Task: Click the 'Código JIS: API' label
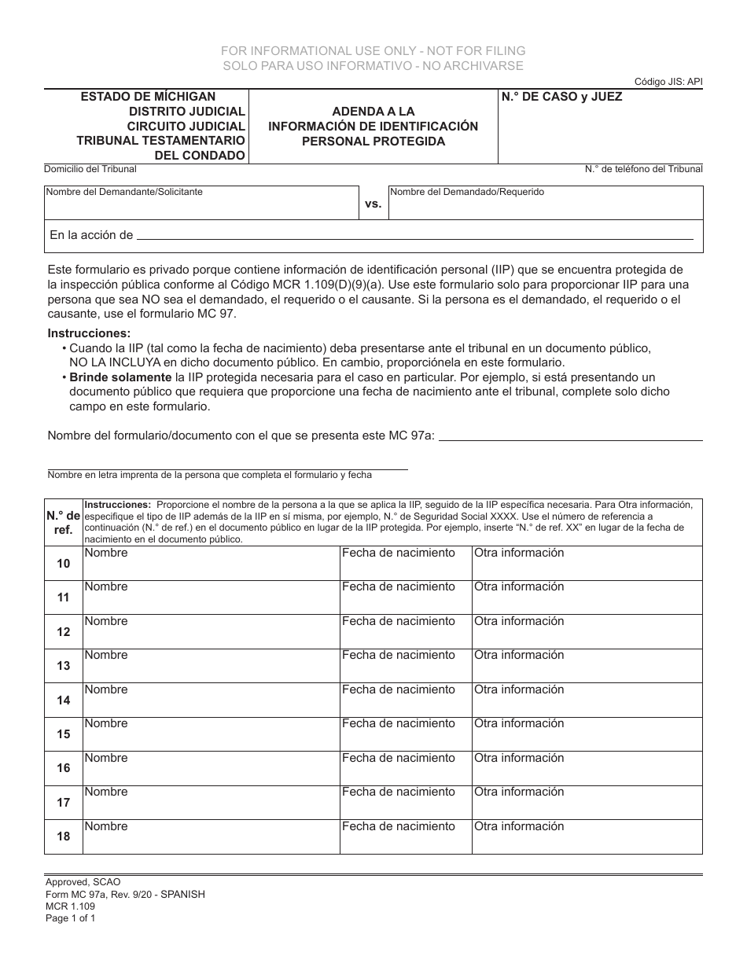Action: click(668, 82)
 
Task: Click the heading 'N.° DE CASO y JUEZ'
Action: click(561, 97)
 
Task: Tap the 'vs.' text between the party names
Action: click(373, 204)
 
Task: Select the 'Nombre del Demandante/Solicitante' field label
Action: click(123, 192)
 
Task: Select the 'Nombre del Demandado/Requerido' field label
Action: click(467, 192)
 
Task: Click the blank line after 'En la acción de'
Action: click(415, 236)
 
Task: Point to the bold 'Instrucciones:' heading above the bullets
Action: click(89, 333)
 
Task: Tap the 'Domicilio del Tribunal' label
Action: click(90, 169)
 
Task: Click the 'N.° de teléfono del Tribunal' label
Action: click(643, 169)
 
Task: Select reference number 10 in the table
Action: click(64, 564)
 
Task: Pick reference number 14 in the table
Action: click(64, 700)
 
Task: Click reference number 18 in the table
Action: click(64, 836)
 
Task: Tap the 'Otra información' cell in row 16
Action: click(587, 767)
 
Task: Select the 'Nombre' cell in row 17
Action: click(211, 802)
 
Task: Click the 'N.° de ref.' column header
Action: click(64, 522)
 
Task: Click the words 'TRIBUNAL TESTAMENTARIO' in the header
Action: click(160, 141)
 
